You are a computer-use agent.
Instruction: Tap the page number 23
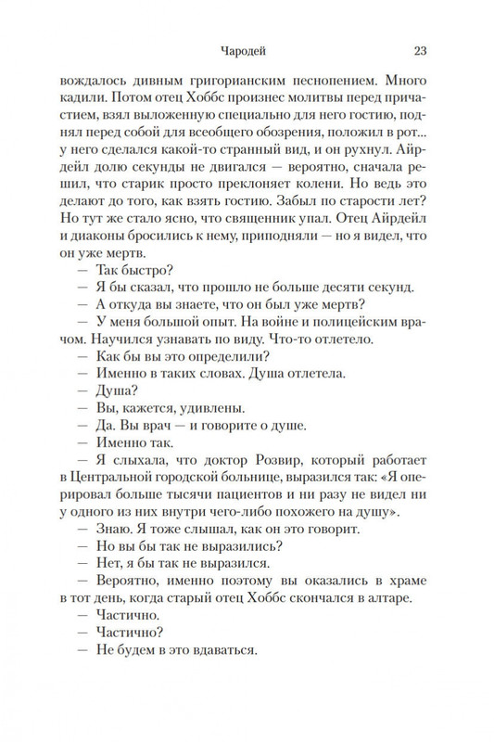pyautogui.click(x=419, y=51)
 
